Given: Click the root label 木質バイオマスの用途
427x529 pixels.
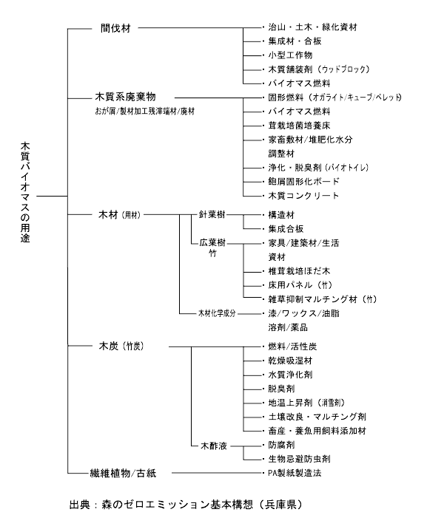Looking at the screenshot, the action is tap(25, 192).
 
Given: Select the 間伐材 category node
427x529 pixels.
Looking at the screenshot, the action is tap(115, 28).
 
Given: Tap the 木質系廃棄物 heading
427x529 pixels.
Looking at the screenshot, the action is tap(125, 98).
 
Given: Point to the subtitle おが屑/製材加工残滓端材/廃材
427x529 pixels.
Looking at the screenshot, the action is tap(145, 112).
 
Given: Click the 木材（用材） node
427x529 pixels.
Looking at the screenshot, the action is tap(119, 215).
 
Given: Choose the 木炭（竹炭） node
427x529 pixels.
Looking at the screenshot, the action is tap(121, 347).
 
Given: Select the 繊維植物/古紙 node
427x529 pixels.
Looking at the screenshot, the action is tap(123, 473).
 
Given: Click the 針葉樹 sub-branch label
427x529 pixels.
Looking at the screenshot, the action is tap(212, 214).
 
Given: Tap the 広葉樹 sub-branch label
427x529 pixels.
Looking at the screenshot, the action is tap(212, 242).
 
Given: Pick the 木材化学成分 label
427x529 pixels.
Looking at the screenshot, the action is tap(217, 313).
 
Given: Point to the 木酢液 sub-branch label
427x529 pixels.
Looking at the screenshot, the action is tap(214, 446).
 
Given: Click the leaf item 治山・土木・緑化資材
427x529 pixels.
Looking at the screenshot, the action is tap(312, 27).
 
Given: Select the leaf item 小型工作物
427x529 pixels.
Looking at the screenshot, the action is tap(290, 55).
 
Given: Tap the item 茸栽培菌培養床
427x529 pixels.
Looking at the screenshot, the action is tap(299, 126).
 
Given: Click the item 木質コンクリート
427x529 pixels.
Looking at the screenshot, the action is tap(303, 195).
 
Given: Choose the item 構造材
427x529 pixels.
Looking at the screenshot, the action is tap(281, 215).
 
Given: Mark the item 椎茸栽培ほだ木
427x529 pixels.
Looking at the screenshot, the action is tap(299, 271).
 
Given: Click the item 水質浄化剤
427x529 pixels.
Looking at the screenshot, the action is tap(290, 375).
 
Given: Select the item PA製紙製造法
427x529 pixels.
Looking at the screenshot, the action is tap(295, 473).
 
